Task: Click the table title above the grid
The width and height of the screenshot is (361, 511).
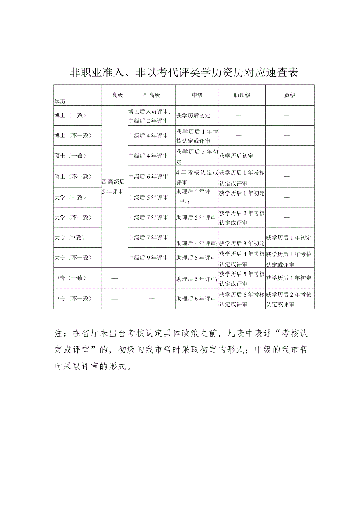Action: click(x=184, y=73)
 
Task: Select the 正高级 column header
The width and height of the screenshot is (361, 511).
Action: click(x=115, y=95)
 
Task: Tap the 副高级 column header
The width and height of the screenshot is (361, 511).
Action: click(x=151, y=95)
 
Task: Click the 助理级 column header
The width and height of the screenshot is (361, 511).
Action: click(x=242, y=95)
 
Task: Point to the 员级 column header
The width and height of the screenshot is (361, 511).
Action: click(x=290, y=95)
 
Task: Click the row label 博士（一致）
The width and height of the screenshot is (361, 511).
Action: click(x=70, y=115)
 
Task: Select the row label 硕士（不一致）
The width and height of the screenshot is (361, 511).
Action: click(x=73, y=177)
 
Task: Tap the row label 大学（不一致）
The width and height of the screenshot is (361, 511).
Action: click(x=73, y=217)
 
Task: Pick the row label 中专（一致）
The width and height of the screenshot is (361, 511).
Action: click(x=70, y=278)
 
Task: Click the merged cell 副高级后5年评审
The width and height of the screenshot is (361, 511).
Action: click(x=113, y=187)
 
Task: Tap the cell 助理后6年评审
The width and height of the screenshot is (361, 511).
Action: click(x=196, y=299)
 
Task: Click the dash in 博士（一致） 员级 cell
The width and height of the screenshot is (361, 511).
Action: click(x=286, y=115)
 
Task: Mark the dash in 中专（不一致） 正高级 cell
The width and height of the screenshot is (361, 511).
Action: click(x=115, y=299)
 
